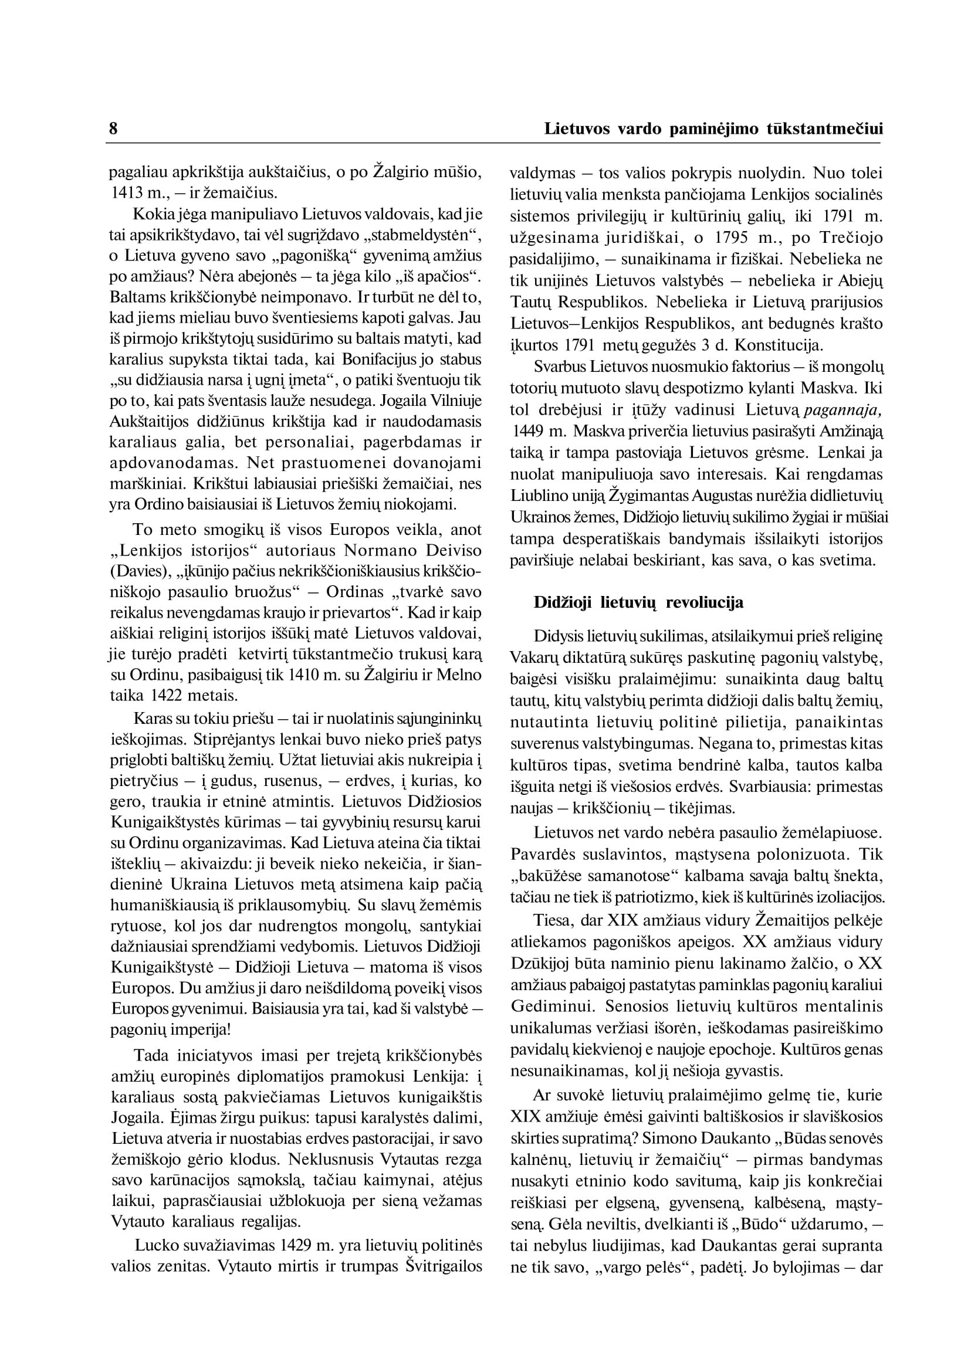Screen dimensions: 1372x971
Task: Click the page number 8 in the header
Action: coord(113,129)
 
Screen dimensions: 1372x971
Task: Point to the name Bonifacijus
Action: coord(378,360)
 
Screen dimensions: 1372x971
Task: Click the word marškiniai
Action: coord(139,483)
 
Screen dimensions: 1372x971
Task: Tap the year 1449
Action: coord(529,431)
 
